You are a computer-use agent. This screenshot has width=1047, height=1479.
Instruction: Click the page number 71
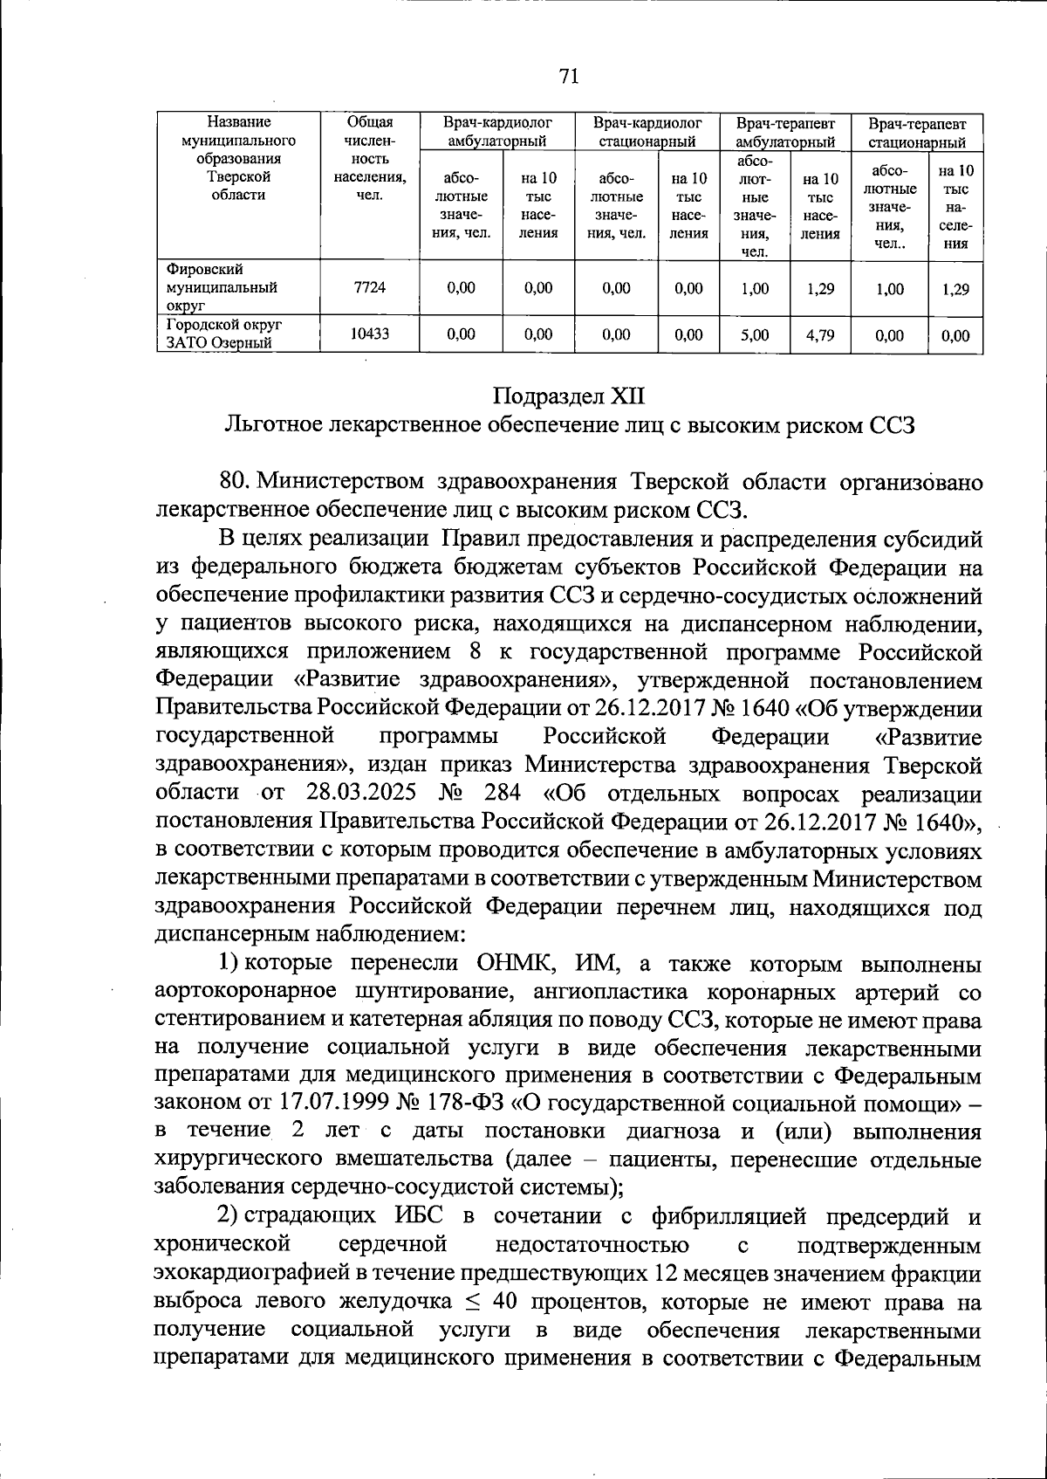click(569, 77)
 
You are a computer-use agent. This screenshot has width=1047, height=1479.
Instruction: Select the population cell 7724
click(370, 287)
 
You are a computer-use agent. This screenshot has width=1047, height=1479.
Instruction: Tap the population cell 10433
click(370, 334)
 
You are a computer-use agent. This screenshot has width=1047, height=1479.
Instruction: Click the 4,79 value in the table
click(819, 334)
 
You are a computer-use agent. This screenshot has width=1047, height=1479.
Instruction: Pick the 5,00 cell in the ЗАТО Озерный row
click(755, 334)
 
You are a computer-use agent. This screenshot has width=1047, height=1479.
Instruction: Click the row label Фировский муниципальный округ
click(222, 287)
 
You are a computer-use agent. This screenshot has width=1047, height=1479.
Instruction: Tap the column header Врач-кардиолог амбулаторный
click(497, 132)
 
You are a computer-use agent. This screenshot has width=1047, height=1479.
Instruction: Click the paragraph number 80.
click(236, 481)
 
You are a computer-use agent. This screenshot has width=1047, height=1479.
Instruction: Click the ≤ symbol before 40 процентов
click(470, 1302)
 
